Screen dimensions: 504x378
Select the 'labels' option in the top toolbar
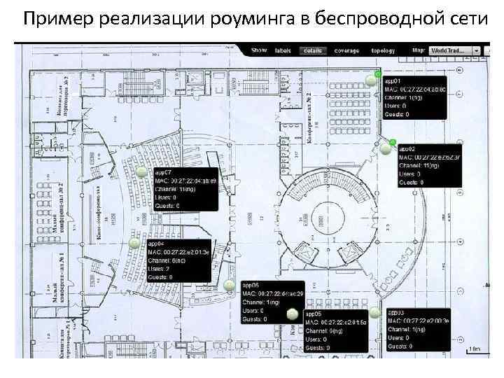point(283,51)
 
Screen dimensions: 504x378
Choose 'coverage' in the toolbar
point(346,51)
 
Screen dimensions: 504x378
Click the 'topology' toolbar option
point(383,51)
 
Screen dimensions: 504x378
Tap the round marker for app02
point(386,148)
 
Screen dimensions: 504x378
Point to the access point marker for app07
point(141,171)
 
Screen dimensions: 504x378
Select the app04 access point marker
point(134,243)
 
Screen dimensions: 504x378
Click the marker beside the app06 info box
point(230,285)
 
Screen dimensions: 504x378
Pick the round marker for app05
point(293,314)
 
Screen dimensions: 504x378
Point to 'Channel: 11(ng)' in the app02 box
point(420,165)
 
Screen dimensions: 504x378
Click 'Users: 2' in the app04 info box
point(160,268)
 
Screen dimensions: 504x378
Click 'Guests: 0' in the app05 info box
point(318,347)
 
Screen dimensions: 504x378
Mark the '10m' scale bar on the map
point(475,348)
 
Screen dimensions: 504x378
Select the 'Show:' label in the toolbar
point(260,51)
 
